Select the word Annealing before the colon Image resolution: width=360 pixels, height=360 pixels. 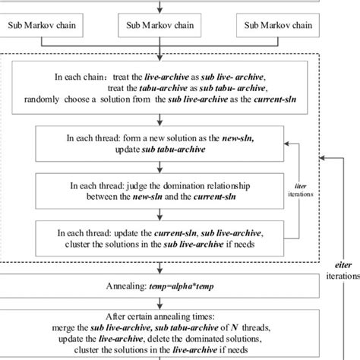[134, 289]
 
